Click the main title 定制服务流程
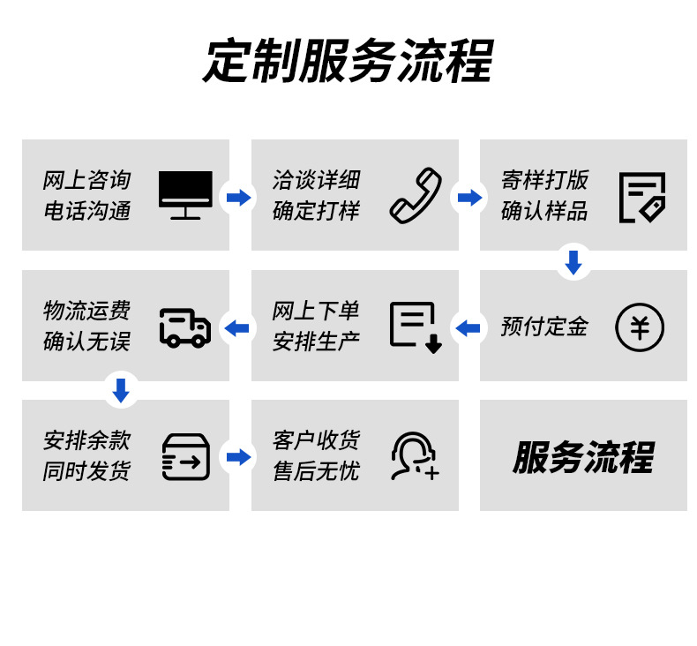(348, 61)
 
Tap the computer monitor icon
(185, 195)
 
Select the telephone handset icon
(416, 195)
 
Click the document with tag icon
(641, 197)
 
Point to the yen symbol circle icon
(640, 327)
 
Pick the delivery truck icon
(185, 327)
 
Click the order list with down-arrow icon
(416, 327)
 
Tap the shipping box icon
(185, 457)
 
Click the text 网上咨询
(86, 180)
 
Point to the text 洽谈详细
(316, 180)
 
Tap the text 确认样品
(544, 211)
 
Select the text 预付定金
(544, 327)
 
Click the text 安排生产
(316, 342)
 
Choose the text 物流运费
(86, 311)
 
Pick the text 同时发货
(86, 471)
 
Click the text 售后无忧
(316, 471)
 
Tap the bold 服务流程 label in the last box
(583, 457)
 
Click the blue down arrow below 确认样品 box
(573, 262)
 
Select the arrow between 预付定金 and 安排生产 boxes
(468, 328)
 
